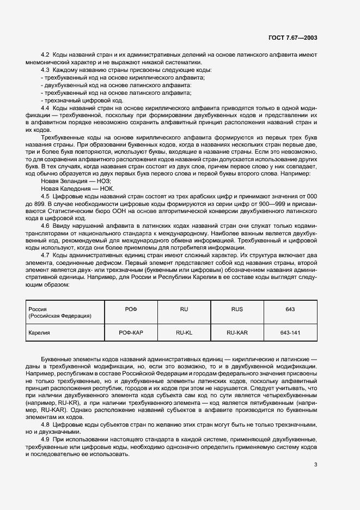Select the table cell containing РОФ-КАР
pos(131,332)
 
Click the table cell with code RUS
pos(237,309)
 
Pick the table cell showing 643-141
pos(290,332)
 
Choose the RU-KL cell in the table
pos(184,332)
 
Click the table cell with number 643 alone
pos(290,309)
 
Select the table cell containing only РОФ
pos(131,309)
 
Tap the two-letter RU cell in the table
pos(184,309)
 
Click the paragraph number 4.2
pos(46,56)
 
